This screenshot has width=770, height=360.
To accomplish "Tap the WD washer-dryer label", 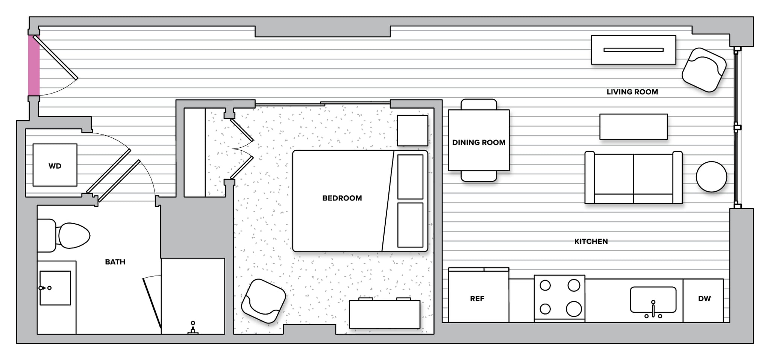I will (55, 166).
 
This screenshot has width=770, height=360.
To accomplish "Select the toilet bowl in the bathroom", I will (74, 236).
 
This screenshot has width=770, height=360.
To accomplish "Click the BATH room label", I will (115, 262).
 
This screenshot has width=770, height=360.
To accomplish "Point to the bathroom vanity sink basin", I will (55, 288).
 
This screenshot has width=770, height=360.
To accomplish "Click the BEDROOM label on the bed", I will (342, 198).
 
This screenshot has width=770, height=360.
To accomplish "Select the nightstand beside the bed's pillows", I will (412, 130).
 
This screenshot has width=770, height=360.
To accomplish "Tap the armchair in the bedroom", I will (263, 301).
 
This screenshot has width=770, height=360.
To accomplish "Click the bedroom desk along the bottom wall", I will (384, 314).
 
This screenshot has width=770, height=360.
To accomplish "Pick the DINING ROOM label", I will (479, 142).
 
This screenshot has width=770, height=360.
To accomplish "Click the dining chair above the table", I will (479, 104).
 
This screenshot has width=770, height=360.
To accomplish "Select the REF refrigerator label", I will (477, 298).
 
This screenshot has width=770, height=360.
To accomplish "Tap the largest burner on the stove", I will (574, 309).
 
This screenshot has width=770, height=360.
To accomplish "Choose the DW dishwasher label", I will (704, 298).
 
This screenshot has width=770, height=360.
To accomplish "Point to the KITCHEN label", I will (591, 241).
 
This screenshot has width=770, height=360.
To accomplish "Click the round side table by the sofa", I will (711, 177).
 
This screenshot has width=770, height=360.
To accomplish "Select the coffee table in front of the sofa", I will (633, 127).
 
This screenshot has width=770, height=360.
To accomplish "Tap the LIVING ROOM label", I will (632, 92).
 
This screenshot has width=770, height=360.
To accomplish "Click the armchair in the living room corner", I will (703, 70).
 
